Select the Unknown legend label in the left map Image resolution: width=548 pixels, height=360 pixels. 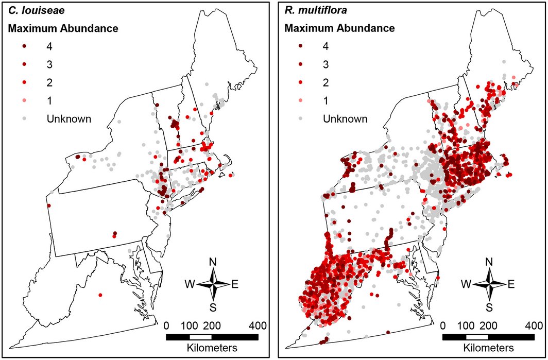pyautogui.click(x=69, y=118)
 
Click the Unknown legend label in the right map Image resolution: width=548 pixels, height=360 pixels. pyautogui.click(x=346, y=119)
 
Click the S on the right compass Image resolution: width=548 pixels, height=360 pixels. pyautogui.click(x=489, y=307)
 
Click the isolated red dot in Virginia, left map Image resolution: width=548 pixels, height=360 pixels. pyautogui.click(x=100, y=295)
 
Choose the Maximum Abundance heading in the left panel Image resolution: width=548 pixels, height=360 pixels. pyautogui.click(x=63, y=28)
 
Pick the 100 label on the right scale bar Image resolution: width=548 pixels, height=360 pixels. pyautogui.click(x=466, y=325)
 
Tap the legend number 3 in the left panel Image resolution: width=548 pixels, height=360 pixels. pyautogui.click(x=49, y=64)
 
